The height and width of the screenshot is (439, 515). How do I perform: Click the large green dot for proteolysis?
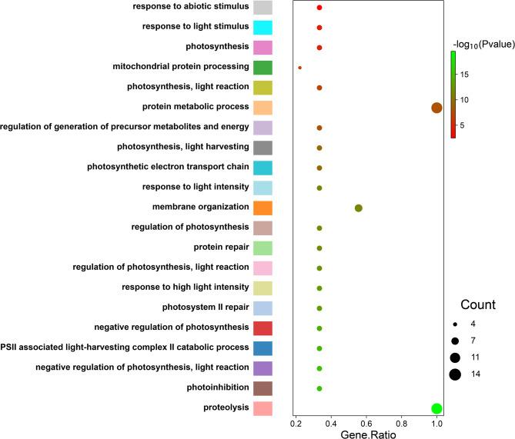click(436, 408)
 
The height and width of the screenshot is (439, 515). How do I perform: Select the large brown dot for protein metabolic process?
click(436, 108)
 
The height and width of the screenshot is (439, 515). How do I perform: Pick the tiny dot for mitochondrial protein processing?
click(299, 68)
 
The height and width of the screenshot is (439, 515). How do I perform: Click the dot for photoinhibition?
click(319, 388)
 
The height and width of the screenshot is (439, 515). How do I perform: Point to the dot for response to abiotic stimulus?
click(319, 8)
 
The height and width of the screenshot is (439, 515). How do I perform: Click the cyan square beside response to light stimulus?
click(263, 28)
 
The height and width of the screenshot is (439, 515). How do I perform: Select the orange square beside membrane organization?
click(263, 208)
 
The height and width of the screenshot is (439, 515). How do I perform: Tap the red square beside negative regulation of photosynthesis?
click(263, 328)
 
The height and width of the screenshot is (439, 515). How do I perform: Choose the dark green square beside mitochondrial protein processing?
click(263, 68)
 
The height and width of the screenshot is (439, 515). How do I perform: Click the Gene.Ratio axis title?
click(366, 434)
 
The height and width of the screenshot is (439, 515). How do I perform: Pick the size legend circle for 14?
click(456, 374)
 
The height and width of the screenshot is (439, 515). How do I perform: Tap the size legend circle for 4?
click(456, 324)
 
